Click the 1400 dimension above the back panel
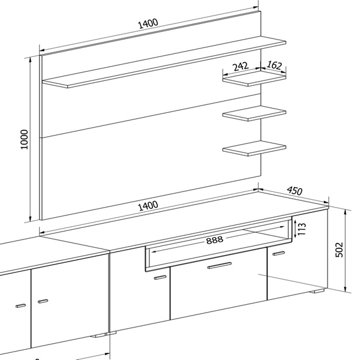coord(148,23)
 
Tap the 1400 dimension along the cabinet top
coord(148,206)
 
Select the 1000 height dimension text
coord(24,139)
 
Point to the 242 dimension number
coord(241,67)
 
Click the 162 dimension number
coord(274,65)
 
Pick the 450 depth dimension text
coord(295,191)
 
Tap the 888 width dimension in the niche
coord(214,240)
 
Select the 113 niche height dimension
coord(302,229)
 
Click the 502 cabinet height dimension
coord(339,250)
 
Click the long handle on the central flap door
coord(220,265)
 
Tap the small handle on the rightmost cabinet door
coord(279,253)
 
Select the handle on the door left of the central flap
coord(160,277)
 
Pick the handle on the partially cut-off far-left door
coord(20,305)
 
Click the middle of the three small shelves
coord(254,113)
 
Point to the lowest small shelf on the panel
coord(254,148)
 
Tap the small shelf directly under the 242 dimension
coord(254,78)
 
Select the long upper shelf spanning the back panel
coord(164,62)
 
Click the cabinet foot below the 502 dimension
coord(317,291)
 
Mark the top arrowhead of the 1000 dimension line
coord(30,60)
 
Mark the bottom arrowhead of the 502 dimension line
coord(345,289)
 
